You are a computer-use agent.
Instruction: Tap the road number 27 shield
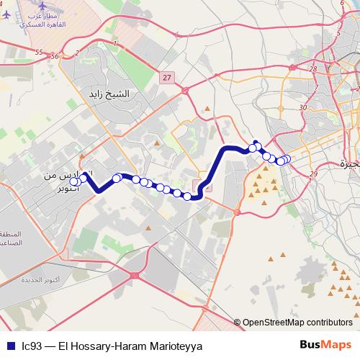pos(167,78)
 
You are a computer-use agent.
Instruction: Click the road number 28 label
pos(313,70)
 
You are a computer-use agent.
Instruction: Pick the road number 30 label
pos(302,107)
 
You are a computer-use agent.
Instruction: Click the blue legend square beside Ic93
pos(9,346)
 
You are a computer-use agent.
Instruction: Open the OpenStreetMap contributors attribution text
pos(297,323)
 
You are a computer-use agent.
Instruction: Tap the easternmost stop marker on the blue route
pos(287,159)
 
